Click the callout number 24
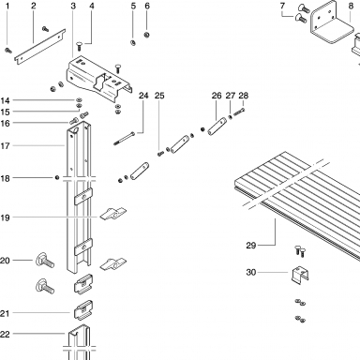[143, 96]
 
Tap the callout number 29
[251, 246]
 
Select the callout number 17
[5, 145]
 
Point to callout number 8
[351, 6]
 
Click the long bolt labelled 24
[126, 139]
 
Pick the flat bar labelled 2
[40, 46]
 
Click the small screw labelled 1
[8, 51]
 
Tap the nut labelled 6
[146, 35]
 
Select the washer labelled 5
[133, 43]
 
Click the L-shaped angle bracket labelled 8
[331, 23]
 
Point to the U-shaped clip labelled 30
[301, 275]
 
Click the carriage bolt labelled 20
[45, 261]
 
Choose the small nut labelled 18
[57, 178]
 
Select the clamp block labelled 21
[83, 310]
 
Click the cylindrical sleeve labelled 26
[217, 125]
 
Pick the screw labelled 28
[239, 112]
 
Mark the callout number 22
[5, 334]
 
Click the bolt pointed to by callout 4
[79, 47]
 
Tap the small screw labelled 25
[160, 153]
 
